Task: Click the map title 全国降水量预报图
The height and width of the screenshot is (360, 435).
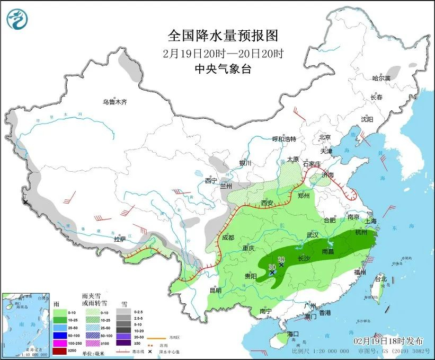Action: [223, 36]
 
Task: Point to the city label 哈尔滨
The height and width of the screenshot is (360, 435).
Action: [380, 78]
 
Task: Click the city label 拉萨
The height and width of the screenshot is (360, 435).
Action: [120, 239]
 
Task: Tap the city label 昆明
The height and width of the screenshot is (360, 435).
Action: [215, 290]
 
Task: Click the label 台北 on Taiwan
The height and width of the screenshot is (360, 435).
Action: [380, 278]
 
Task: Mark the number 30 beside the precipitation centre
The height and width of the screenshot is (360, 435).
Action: [272, 266]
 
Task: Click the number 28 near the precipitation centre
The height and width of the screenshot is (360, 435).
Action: [281, 259]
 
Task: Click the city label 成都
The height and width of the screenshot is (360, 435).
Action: [228, 238]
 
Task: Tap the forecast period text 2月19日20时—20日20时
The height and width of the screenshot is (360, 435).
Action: [223, 53]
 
